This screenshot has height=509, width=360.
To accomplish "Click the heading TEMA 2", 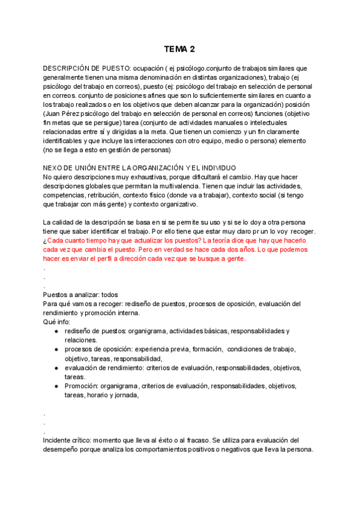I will pos(180,49).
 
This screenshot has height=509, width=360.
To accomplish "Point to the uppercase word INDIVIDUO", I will pos(216,167).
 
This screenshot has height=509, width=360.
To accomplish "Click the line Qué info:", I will pos(57,322).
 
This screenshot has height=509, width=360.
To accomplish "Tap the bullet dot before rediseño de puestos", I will pos(56,331).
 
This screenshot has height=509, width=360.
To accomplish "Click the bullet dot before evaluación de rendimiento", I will pos(56,368).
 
